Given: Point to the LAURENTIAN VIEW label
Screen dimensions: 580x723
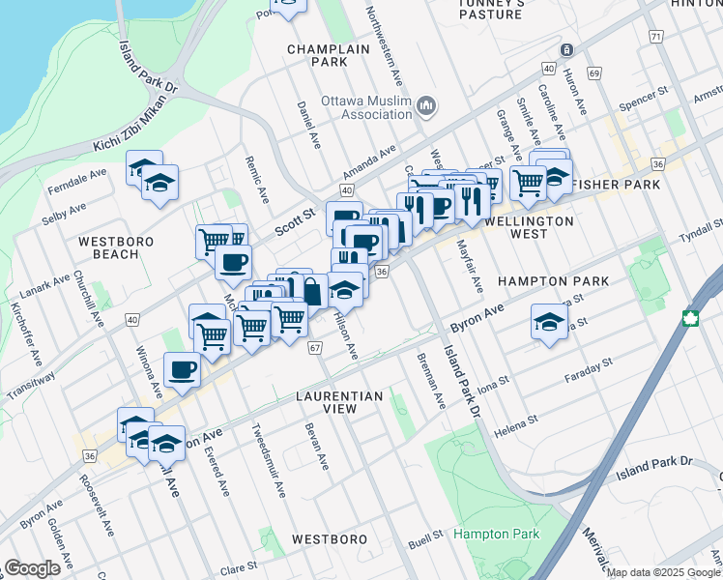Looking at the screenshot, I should pyautogui.click(x=339, y=402).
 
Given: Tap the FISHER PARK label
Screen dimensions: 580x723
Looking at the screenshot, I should pyautogui.click(x=615, y=184).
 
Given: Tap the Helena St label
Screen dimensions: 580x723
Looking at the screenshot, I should pyautogui.click(x=518, y=420).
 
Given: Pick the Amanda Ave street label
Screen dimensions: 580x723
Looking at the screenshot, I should pyautogui.click(x=375, y=159).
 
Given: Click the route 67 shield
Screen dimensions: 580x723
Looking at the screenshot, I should pyautogui.click(x=315, y=347).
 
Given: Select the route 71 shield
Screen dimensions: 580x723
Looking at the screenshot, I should pyautogui.click(x=656, y=37).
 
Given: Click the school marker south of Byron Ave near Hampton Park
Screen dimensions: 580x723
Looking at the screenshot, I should pyautogui.click(x=549, y=322).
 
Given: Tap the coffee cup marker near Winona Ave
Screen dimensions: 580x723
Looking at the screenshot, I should pyautogui.click(x=182, y=369).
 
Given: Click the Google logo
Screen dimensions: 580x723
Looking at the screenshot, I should pyautogui.click(x=32, y=568).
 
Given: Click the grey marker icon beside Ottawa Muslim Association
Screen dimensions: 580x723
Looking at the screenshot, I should pyautogui.click(x=426, y=105).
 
